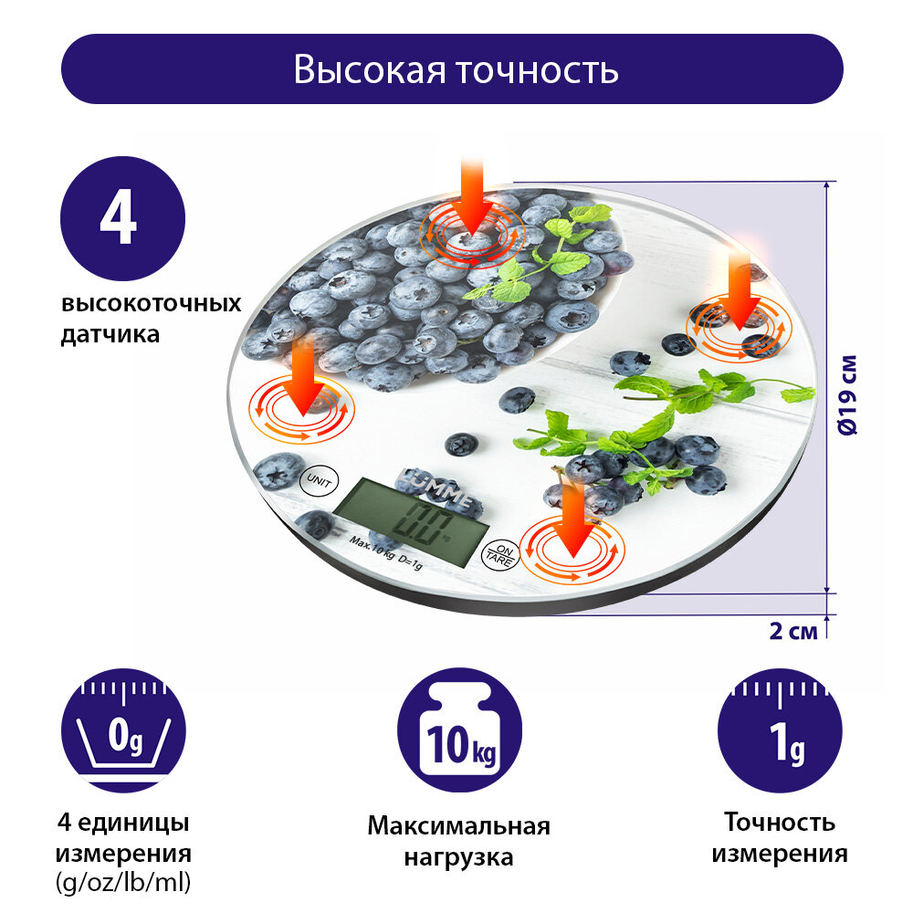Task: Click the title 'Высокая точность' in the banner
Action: tap(456, 69)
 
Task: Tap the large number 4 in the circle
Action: tap(122, 219)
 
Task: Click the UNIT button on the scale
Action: tap(318, 477)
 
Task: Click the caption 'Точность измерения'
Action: tap(780, 838)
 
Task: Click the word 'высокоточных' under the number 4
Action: tap(152, 304)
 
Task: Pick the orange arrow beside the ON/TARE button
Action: tap(573, 520)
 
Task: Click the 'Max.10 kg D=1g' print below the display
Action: tap(385, 556)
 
